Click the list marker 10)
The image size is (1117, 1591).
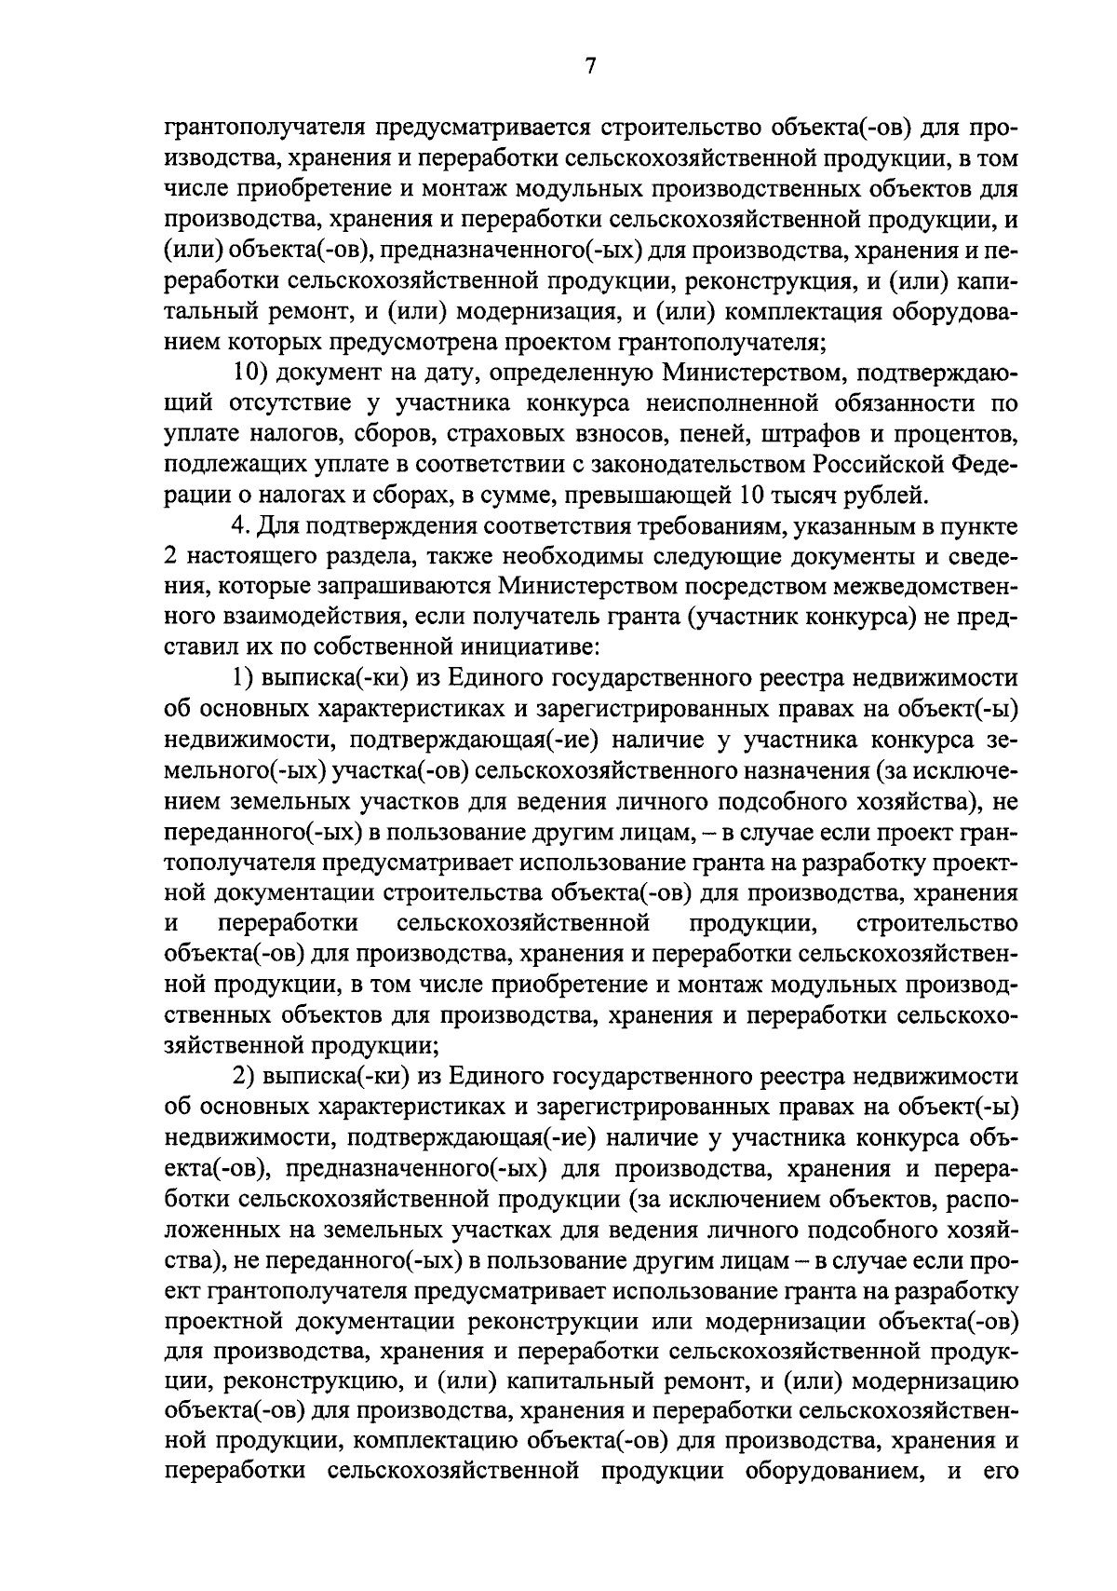(251, 373)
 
